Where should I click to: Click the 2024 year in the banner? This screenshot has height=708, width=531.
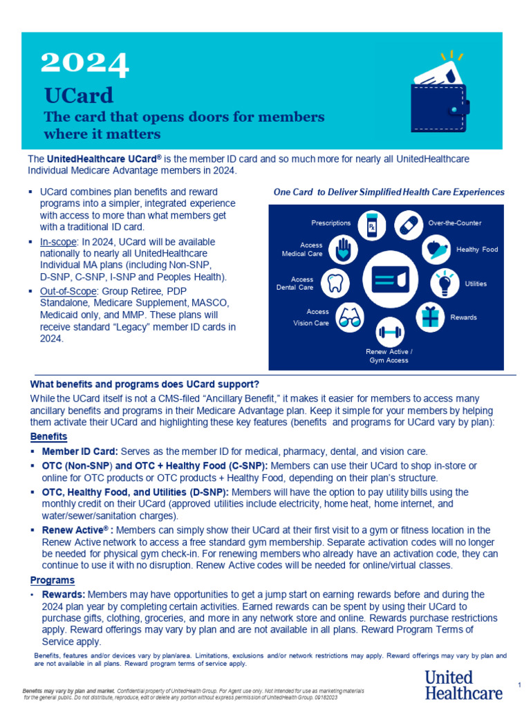click(85, 64)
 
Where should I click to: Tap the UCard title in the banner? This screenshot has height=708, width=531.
click(79, 95)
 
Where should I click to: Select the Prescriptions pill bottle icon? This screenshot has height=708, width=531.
click(371, 225)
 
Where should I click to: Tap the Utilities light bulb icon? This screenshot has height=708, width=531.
click(443, 283)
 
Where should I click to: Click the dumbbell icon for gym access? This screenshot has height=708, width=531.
click(390, 332)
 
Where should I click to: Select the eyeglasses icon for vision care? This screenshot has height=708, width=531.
click(349, 317)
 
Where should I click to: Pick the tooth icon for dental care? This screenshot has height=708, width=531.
click(335, 283)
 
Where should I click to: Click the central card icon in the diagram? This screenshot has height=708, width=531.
click(388, 279)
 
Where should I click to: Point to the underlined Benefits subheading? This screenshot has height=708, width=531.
click(48, 436)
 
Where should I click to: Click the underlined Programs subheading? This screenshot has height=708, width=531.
click(53, 580)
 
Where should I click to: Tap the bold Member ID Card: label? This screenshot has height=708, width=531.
click(80, 451)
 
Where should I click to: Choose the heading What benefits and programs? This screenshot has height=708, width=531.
click(145, 384)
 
